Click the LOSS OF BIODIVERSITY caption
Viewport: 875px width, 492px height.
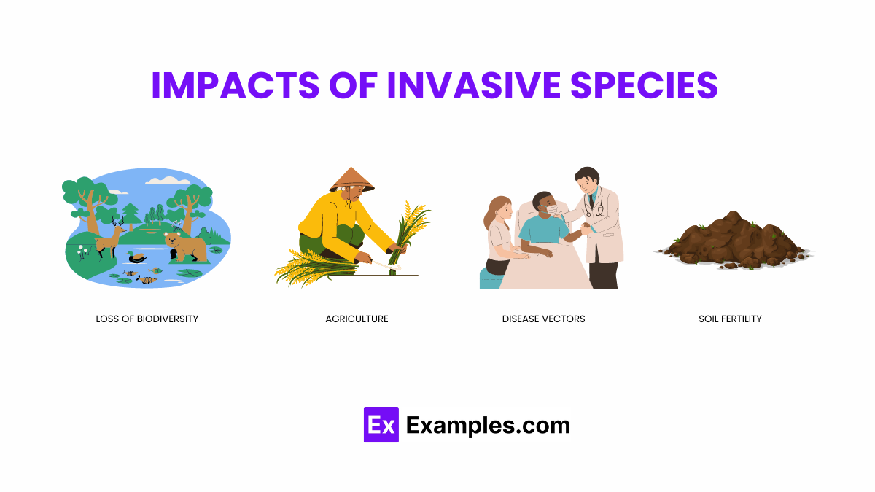pos(147,319)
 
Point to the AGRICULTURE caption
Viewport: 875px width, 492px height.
pos(357,319)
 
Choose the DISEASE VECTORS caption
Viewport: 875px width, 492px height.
pos(543,319)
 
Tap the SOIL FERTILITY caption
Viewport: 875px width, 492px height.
pos(730,319)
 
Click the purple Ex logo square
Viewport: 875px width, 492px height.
pos(381,425)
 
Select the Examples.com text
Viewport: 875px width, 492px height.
pos(488,425)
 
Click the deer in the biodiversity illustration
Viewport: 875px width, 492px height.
pos(110,237)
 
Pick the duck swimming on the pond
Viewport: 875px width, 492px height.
pos(136,257)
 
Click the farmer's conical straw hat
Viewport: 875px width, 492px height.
pos(351,179)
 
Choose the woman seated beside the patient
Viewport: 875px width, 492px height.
pos(500,233)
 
